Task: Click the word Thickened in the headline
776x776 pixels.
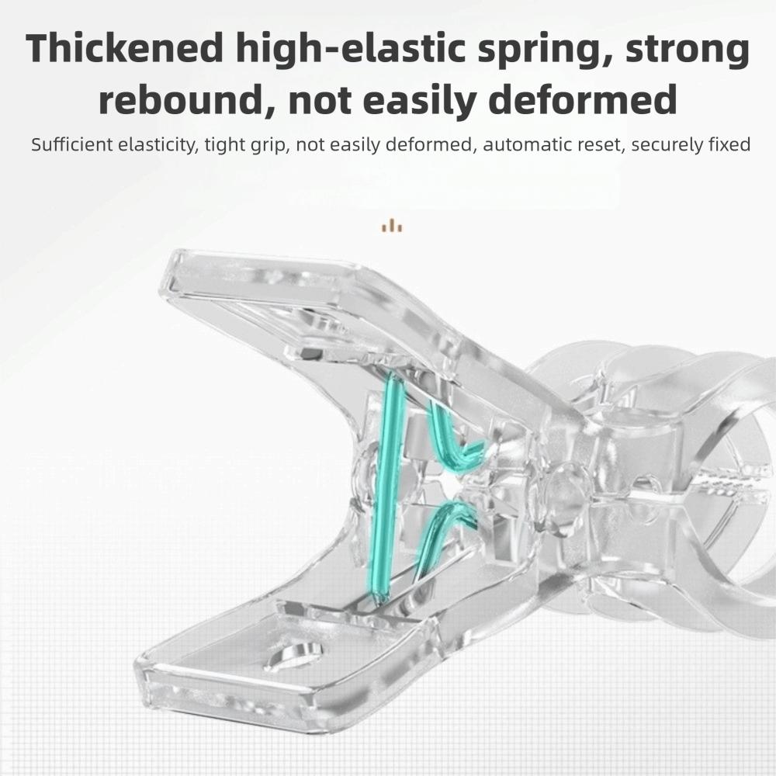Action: tap(125, 48)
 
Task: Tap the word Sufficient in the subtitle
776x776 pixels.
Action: tap(72, 144)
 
